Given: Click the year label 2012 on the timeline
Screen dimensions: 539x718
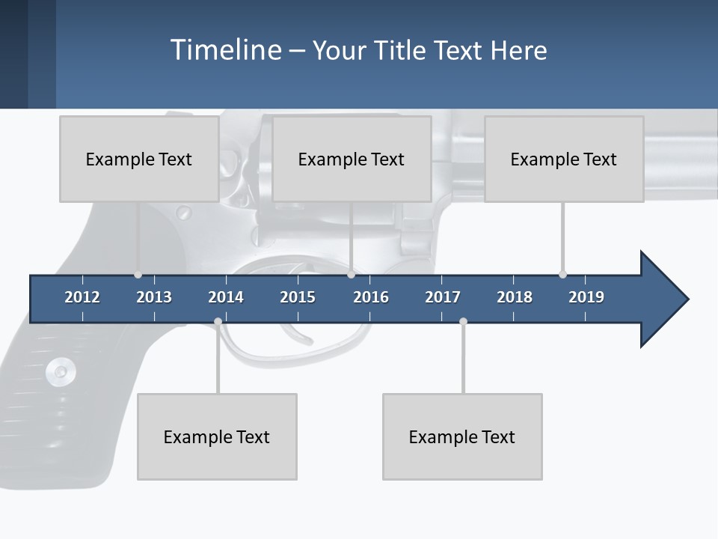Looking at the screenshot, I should pyautogui.click(x=82, y=297).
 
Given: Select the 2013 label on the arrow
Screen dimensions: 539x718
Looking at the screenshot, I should pyautogui.click(x=154, y=297).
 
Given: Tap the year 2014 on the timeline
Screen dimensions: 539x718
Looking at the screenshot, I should pyautogui.click(x=226, y=297).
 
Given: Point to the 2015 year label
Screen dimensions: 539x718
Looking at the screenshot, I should pyautogui.click(x=298, y=297).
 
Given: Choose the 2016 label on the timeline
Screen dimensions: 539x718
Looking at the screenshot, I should pyautogui.click(x=371, y=297).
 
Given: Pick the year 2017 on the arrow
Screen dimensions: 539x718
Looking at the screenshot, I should pyautogui.click(x=443, y=297).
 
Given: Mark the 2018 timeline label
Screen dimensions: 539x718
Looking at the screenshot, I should pyautogui.click(x=515, y=297).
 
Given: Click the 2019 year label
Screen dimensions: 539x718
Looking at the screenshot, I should pyautogui.click(x=586, y=297).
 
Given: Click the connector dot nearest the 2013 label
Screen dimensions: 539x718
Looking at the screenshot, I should pyautogui.click(x=138, y=275).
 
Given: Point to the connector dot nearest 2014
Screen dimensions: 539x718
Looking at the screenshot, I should pyautogui.click(x=218, y=322).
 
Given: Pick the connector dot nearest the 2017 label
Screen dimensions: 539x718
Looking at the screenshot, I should pyautogui.click(x=463, y=322).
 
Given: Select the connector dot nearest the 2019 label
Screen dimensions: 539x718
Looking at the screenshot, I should pyautogui.click(x=562, y=275).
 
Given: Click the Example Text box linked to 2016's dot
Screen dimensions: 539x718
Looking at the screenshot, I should pyautogui.click(x=352, y=159).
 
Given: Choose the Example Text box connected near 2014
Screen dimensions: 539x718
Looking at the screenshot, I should pyautogui.click(x=217, y=436).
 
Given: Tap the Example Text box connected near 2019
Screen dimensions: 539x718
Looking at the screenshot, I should pyautogui.click(x=564, y=159).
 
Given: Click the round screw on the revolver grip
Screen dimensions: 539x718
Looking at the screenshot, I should pyautogui.click(x=60, y=370).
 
